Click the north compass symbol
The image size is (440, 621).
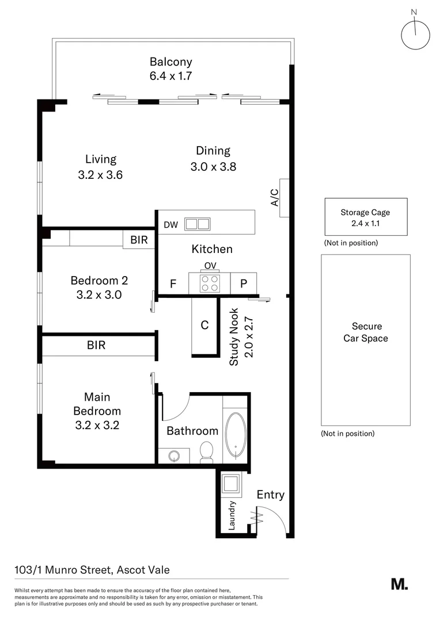[415, 35]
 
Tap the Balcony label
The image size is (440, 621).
[170, 62]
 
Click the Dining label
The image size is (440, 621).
[213, 151]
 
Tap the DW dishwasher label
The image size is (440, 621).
[171, 225]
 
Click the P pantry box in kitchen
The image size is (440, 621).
[244, 283]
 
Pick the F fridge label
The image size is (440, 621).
[172, 283]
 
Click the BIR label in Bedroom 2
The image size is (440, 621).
[139, 240]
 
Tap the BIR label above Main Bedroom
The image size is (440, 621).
[96, 346]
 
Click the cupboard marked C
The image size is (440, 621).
[204, 325]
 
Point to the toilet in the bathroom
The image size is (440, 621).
[206, 453]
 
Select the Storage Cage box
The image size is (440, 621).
[366, 217]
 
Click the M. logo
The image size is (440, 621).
[399, 584]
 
